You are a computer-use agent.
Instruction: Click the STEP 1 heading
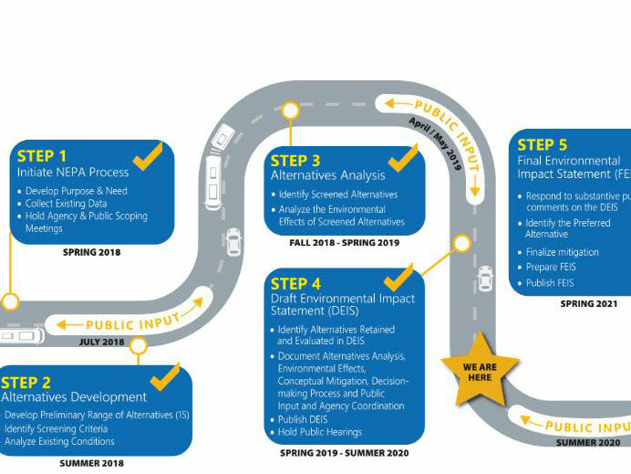pos(42,155)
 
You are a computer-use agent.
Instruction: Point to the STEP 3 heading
pos(295,161)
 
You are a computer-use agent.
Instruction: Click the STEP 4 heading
pos(295,283)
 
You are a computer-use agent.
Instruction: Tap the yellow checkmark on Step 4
pos(398,276)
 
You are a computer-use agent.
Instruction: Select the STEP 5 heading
pos(542,144)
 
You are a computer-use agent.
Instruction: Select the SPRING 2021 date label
pos(588,304)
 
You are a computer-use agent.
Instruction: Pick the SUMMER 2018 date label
pos(91,463)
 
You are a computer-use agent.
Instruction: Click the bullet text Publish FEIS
pos(552,283)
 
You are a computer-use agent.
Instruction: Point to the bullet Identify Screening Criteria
pos(60,428)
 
